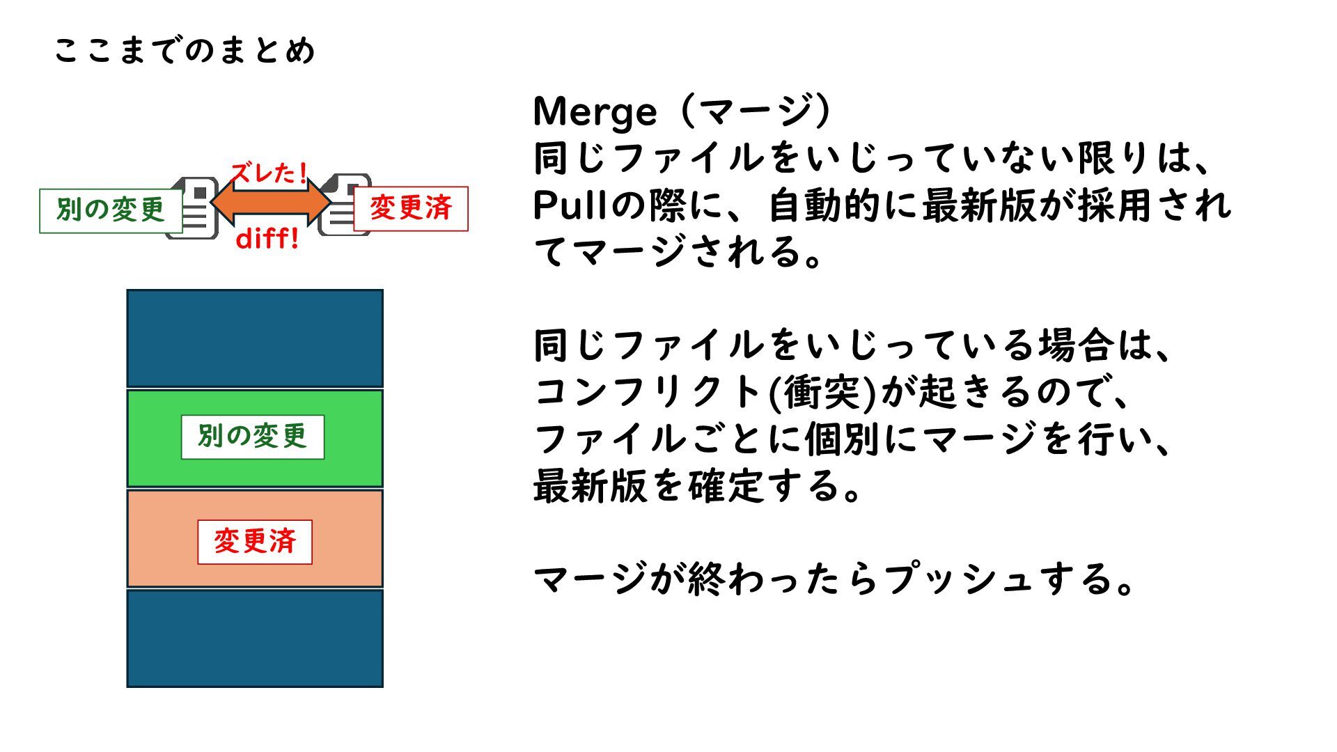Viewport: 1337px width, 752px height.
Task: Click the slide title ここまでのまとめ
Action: click(x=185, y=51)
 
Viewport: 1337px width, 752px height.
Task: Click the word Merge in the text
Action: click(x=595, y=111)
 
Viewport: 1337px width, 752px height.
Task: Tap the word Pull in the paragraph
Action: click(x=571, y=205)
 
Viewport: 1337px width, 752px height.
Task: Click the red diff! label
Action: click(x=267, y=239)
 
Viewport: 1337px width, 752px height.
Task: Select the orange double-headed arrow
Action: click(x=271, y=203)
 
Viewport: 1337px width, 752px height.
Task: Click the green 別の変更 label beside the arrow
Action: click(x=110, y=210)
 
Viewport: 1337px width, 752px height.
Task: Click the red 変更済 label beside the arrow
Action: click(x=411, y=208)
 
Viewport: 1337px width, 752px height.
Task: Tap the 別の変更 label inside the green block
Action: click(x=253, y=437)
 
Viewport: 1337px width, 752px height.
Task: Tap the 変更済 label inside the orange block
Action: click(x=255, y=541)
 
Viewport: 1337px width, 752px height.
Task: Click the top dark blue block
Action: click(x=255, y=338)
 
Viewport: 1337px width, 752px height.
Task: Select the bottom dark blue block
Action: click(x=255, y=638)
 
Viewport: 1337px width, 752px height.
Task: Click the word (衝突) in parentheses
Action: click(x=822, y=392)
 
